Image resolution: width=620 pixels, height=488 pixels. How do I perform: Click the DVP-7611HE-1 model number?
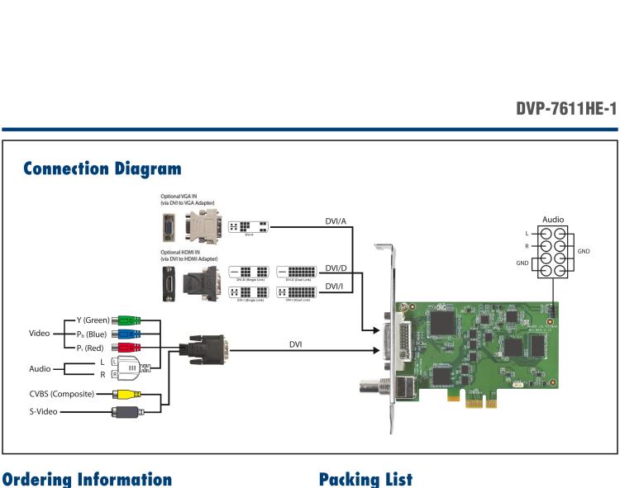[x=566, y=109]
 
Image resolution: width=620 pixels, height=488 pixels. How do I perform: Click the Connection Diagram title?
[x=103, y=168]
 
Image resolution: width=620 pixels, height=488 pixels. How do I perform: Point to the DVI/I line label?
[x=334, y=286]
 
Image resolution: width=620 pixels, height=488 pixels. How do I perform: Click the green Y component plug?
[x=127, y=320]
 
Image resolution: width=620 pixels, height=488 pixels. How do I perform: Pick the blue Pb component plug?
[x=127, y=334]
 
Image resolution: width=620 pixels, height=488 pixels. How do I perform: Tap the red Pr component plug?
[x=127, y=348]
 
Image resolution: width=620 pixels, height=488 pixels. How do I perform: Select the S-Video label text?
[x=41, y=410]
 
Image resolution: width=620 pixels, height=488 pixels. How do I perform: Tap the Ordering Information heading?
[x=86, y=479]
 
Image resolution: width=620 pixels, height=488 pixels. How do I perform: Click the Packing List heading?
[x=365, y=479]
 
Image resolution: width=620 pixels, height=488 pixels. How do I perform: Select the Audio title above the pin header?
[x=552, y=220]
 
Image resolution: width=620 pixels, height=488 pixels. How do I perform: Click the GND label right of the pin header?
[x=584, y=251]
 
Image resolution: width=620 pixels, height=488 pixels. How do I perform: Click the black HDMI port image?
[x=169, y=282]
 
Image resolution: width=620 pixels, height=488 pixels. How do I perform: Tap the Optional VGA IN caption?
[x=184, y=197]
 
